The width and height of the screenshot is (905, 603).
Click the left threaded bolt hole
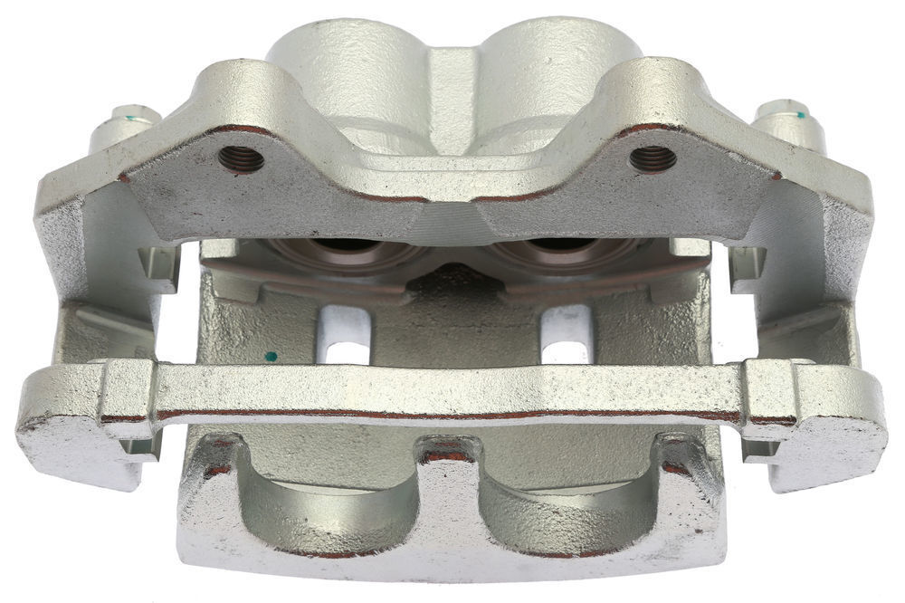pos(241,159)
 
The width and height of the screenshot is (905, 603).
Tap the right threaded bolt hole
pos(653,159)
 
